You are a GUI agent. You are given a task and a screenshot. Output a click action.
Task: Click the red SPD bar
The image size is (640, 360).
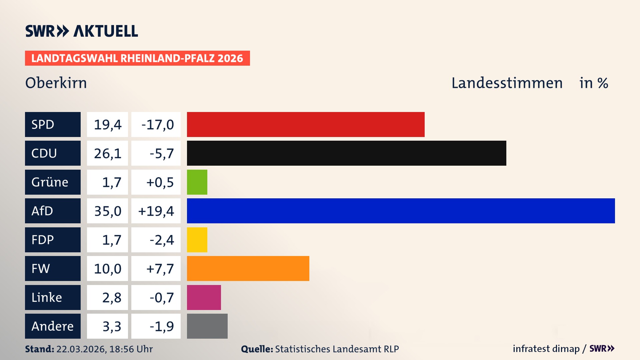(x=306, y=124)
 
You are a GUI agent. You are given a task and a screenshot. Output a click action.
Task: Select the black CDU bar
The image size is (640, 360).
(x=346, y=153)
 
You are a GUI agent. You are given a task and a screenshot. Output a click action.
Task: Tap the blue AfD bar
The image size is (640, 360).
(x=401, y=211)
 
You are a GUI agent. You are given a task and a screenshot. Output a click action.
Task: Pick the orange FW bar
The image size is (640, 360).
(x=248, y=268)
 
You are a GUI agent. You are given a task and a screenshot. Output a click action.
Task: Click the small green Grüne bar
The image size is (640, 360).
(x=197, y=182)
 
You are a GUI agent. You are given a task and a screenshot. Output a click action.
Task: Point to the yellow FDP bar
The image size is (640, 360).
(x=197, y=240)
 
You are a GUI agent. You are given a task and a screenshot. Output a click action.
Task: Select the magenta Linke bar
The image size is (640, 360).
(x=204, y=297)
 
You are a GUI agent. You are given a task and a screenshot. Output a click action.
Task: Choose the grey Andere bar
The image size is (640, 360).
(x=207, y=326)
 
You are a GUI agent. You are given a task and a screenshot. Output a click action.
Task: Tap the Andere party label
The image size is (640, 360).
(x=53, y=326)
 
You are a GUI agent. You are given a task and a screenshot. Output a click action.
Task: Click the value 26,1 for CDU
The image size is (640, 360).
(x=107, y=153)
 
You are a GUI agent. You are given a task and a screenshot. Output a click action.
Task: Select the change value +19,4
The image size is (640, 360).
(x=156, y=211)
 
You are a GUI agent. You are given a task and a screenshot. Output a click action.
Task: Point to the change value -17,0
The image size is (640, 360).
(x=157, y=125)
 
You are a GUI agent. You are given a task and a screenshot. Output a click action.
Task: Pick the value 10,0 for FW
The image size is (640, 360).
(x=107, y=269)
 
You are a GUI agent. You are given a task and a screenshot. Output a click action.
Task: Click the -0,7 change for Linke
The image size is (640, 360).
(x=161, y=297)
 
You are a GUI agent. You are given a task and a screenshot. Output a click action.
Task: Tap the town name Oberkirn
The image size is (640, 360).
(x=56, y=83)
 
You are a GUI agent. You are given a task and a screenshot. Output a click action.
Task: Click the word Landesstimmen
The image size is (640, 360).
(x=507, y=83)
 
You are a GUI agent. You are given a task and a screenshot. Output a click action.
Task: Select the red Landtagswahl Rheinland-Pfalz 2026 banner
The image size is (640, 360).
(x=137, y=58)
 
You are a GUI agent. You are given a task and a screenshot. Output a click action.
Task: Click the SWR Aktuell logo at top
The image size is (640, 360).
(x=82, y=31)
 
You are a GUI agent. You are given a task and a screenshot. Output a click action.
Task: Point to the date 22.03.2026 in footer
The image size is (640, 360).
(x=81, y=349)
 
